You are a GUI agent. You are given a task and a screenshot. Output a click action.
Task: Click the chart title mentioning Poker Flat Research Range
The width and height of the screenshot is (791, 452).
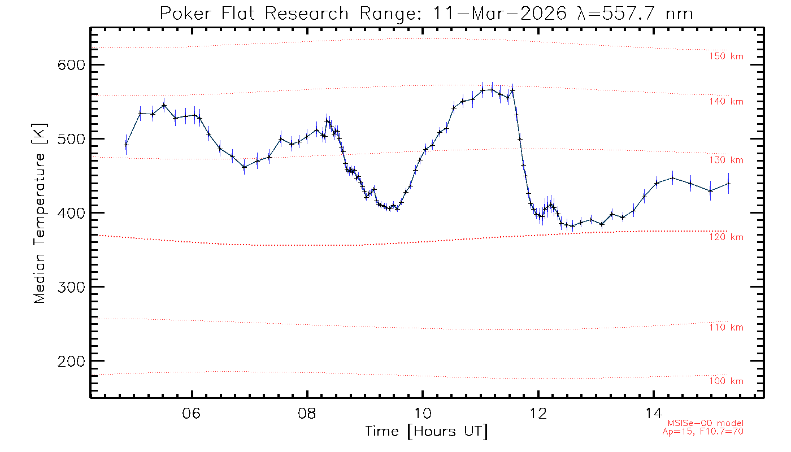click(426, 13)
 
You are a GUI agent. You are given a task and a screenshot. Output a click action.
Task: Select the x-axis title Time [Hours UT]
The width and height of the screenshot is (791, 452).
click(426, 432)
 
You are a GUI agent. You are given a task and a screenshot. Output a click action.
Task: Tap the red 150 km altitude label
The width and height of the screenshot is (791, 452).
click(727, 56)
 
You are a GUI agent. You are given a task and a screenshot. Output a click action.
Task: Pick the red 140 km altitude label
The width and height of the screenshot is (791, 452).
click(727, 102)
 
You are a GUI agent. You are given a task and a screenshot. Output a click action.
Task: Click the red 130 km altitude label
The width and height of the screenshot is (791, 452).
click(727, 160)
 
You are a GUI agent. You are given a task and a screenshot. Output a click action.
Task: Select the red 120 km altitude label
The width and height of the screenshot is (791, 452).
click(727, 237)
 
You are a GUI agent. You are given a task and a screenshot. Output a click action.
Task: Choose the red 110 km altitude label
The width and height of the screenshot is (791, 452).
click(727, 328)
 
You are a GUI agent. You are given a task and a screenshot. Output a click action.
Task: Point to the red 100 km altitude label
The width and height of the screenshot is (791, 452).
click(727, 381)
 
